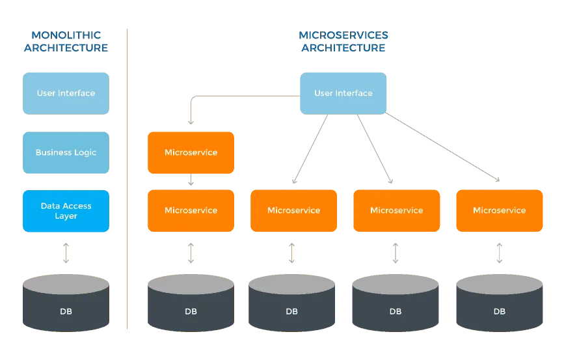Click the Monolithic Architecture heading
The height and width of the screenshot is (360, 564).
(66, 41)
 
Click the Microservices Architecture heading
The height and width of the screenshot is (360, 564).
(343, 41)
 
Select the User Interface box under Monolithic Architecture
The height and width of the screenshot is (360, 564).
(66, 93)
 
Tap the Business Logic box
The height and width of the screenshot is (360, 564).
(66, 152)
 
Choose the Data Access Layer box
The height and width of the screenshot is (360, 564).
(66, 211)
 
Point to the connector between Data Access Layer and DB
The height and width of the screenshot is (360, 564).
(66, 253)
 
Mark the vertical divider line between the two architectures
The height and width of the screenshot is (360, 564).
(128, 179)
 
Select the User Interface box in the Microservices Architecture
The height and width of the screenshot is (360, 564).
(343, 93)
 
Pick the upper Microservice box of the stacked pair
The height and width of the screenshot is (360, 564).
(191, 152)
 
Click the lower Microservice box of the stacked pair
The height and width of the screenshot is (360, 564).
(191, 210)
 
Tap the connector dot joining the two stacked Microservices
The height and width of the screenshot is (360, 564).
(191, 182)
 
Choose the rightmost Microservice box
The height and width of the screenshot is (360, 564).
(499, 210)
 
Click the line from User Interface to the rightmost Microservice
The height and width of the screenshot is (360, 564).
(442, 147)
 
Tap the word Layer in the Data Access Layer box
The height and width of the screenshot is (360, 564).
(66, 216)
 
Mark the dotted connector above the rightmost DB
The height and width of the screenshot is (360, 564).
(499, 253)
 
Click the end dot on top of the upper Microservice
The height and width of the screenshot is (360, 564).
(191, 122)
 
